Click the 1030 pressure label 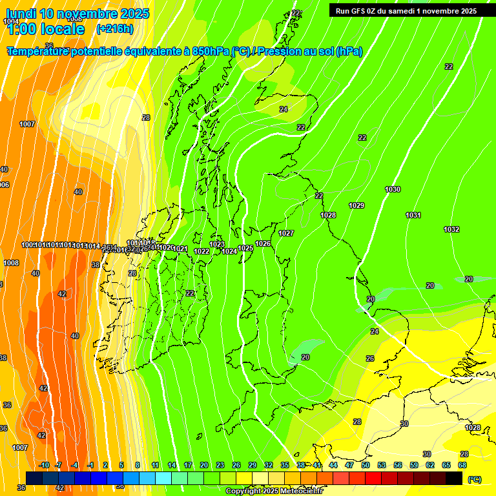(393, 189)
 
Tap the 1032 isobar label (451, 229)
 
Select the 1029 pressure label (356, 205)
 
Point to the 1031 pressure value (413, 215)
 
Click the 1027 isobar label (286, 233)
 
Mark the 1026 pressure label (263, 243)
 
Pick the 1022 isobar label (201, 251)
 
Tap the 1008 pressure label (11, 263)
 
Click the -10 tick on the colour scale (44, 465)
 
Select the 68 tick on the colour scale (462, 465)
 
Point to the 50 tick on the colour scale (366, 465)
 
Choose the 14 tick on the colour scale (172, 465)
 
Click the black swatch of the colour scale (454, 478)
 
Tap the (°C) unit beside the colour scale (474, 479)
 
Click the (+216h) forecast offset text (114, 28)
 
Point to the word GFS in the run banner (362, 11)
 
